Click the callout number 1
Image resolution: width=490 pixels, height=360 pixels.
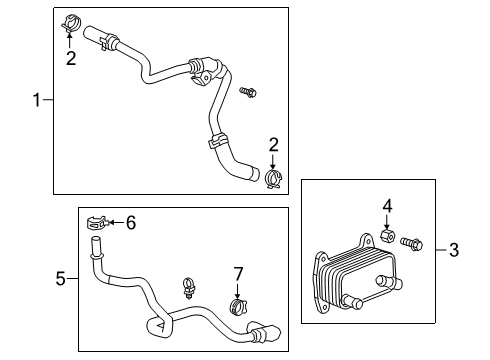pyautogui.click(x=37, y=100)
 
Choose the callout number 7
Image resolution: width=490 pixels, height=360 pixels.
pyautogui.click(x=238, y=274)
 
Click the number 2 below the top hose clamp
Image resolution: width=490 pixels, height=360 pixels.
pyautogui.click(x=70, y=58)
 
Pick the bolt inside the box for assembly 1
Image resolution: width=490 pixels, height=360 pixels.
pyautogui.click(x=249, y=93)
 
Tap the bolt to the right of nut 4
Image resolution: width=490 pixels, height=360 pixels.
pyautogui.click(x=414, y=242)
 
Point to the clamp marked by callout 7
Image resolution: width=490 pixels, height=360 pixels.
pyautogui.click(x=238, y=305)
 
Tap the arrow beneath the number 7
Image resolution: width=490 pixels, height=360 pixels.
pyautogui.click(x=238, y=289)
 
